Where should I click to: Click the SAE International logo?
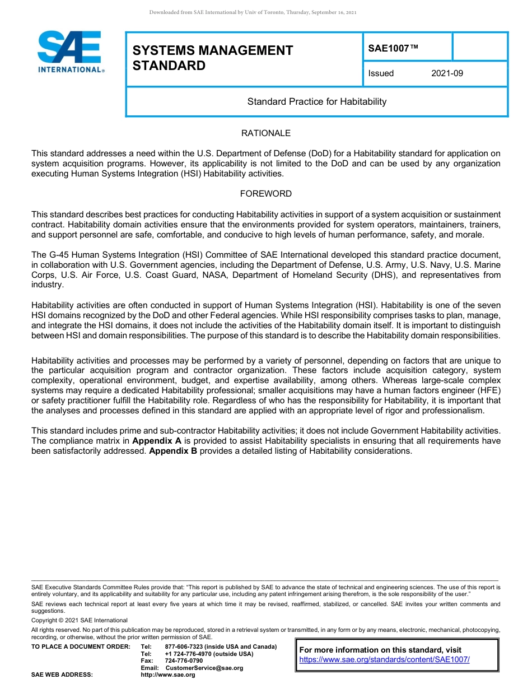pyautogui.click(x=70, y=52)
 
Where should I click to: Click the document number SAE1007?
pyautogui.click(x=393, y=49)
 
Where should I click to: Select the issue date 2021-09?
pyautogui.click(x=447, y=73)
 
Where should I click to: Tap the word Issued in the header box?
pyautogui.click(x=381, y=73)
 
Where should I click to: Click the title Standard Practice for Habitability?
pyautogui.click(x=317, y=102)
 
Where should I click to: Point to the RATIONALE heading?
pyautogui.click(x=265, y=133)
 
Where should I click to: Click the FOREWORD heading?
pyautogui.click(x=265, y=194)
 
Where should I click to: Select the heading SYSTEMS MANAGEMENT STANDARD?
pyautogui.click(x=212, y=58)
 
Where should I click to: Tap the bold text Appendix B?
pyautogui.click(x=172, y=451)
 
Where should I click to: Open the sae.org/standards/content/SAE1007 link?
pyautogui.click(x=384, y=660)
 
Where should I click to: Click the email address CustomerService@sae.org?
pyautogui.click(x=204, y=668)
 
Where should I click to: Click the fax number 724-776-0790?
pyautogui.click(x=184, y=661)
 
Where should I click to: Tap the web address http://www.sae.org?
pyautogui.click(x=167, y=675)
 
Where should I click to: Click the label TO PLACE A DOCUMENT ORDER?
pyautogui.click(x=81, y=647)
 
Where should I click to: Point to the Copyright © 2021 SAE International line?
pyautogui.click(x=80, y=621)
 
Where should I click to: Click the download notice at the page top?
pyautogui.click(x=253, y=12)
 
